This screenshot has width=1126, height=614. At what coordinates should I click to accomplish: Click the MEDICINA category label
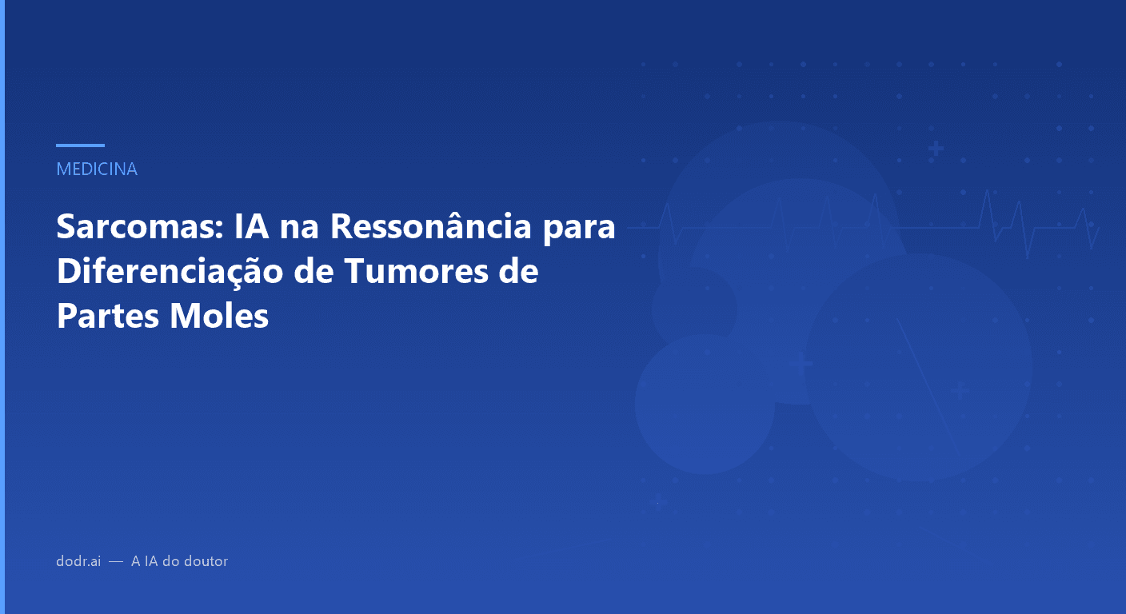[97, 169]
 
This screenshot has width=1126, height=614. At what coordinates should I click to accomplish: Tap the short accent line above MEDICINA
[80, 146]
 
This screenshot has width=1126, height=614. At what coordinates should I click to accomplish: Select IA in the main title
[252, 228]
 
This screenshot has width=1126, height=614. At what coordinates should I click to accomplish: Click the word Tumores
[423, 273]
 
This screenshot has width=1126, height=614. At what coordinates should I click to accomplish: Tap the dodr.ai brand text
[78, 561]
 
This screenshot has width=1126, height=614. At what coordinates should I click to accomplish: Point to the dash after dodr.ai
[116, 561]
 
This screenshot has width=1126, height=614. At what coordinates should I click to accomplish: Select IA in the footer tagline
[150, 561]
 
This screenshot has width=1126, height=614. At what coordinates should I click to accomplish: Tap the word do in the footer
[171, 561]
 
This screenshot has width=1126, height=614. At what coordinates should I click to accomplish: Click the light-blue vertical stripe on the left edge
[2, 307]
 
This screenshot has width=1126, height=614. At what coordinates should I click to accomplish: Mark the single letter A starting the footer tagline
[135, 561]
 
